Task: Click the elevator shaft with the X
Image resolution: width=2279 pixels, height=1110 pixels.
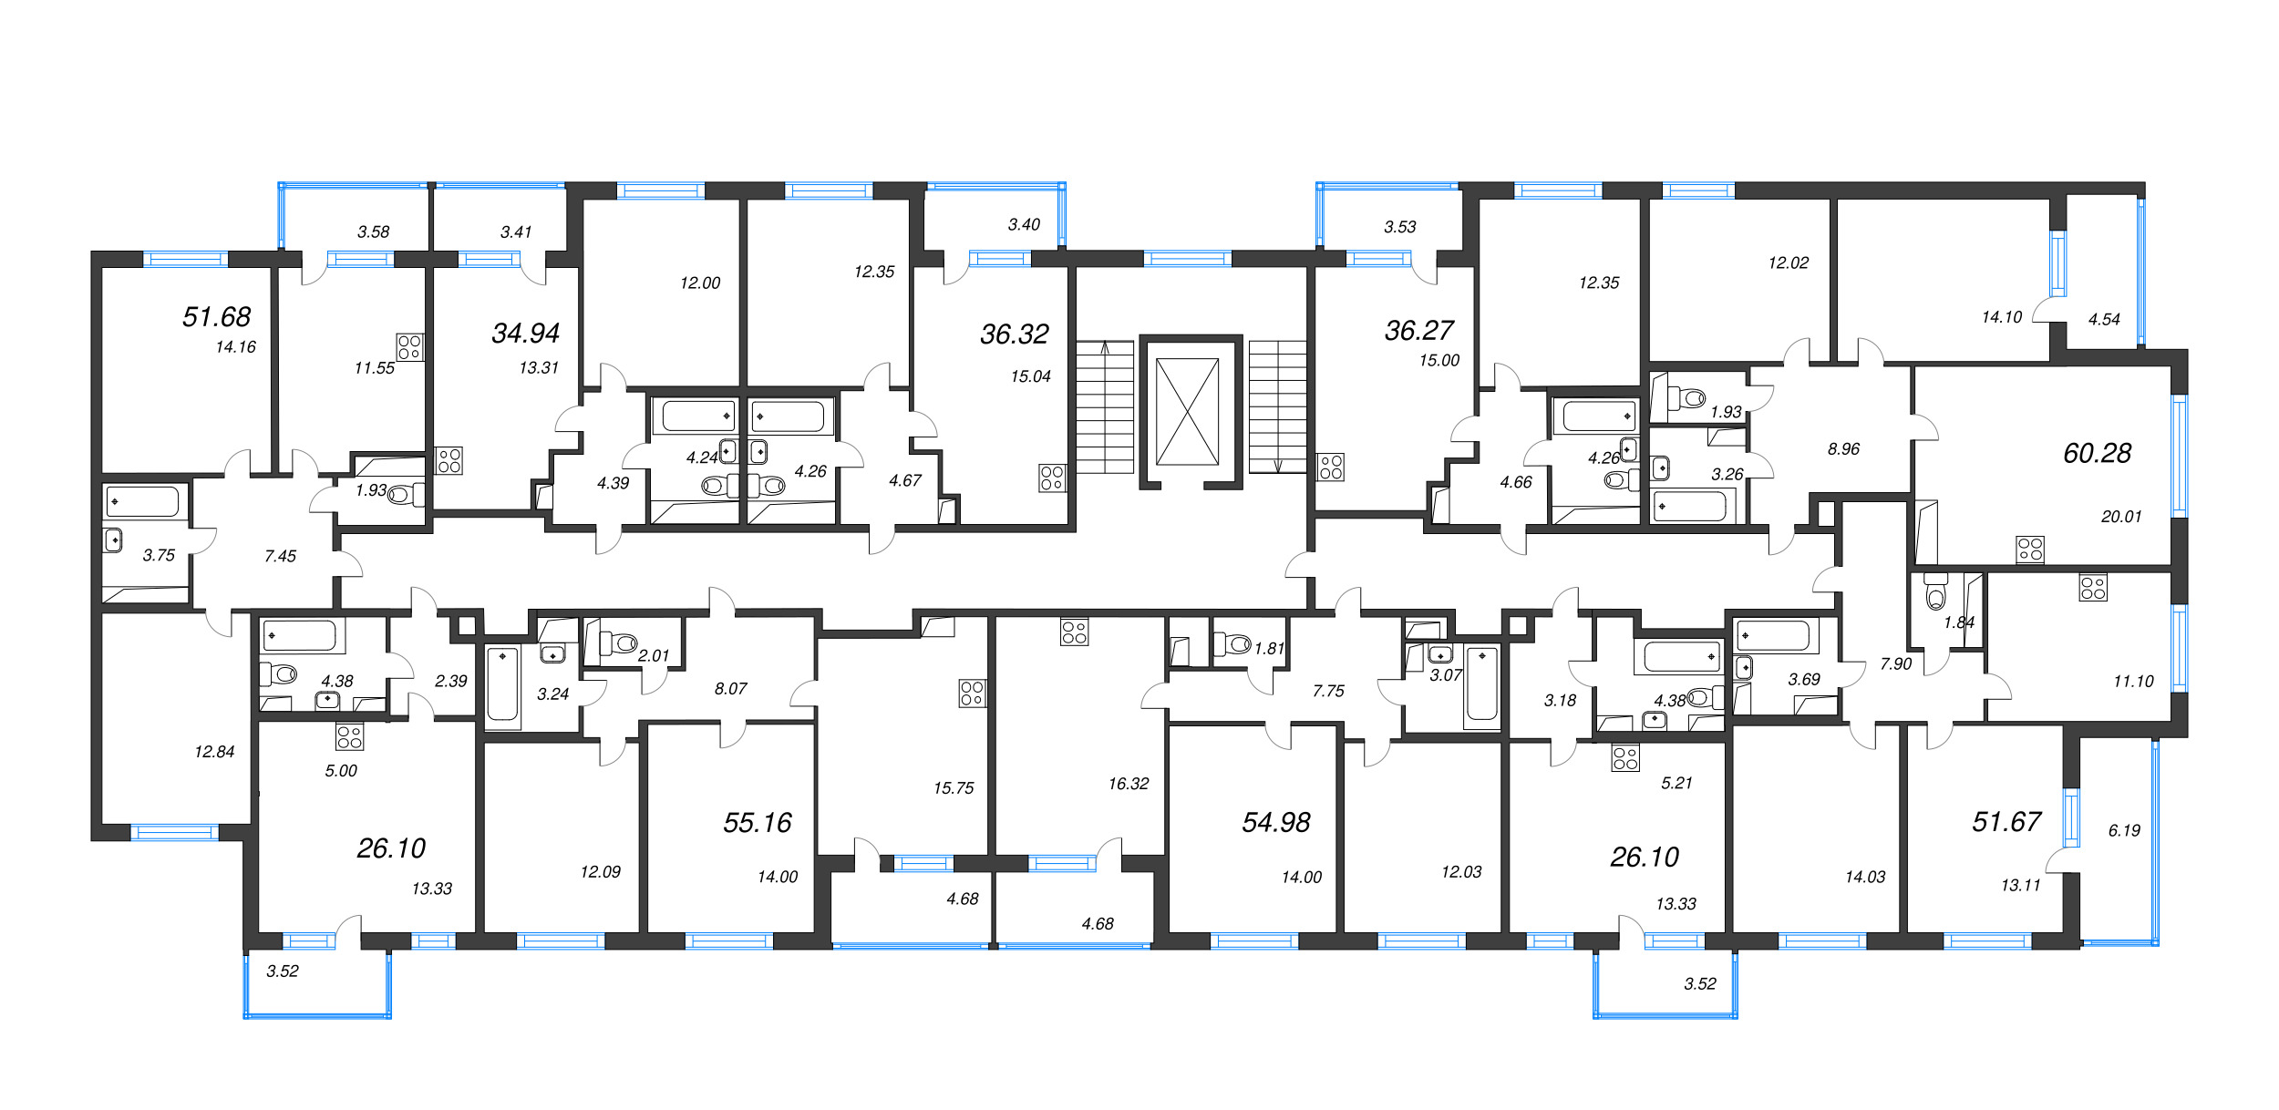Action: pyautogui.click(x=1187, y=411)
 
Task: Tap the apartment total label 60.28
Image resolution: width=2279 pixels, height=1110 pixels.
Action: pyautogui.click(x=2097, y=453)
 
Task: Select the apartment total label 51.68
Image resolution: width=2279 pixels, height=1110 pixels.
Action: pyautogui.click(x=216, y=317)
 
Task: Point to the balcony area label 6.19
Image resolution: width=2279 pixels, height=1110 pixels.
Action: pyautogui.click(x=2123, y=830)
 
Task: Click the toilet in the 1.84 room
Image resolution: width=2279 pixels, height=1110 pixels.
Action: pyautogui.click(x=1935, y=593)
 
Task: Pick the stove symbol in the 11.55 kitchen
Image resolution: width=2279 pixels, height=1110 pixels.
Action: pyautogui.click(x=409, y=346)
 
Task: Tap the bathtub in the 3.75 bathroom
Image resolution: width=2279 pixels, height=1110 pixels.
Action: pyautogui.click(x=143, y=501)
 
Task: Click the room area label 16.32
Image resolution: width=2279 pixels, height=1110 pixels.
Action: pyautogui.click(x=1128, y=784)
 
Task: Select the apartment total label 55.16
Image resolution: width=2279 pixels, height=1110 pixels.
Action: pyautogui.click(x=757, y=823)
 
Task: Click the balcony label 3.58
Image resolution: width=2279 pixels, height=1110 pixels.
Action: pyautogui.click(x=373, y=232)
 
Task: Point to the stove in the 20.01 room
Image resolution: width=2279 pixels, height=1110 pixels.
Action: pyautogui.click(x=2029, y=549)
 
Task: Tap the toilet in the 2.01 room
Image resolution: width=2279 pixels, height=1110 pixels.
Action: pyautogui.click(x=619, y=643)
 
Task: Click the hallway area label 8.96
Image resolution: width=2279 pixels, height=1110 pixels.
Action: pyautogui.click(x=1842, y=449)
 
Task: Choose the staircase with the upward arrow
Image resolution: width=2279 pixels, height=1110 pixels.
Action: pyautogui.click(x=1105, y=407)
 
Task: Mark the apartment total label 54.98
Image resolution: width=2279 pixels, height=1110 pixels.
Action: pyautogui.click(x=1275, y=823)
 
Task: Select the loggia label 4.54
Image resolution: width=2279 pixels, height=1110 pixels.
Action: pyautogui.click(x=2103, y=320)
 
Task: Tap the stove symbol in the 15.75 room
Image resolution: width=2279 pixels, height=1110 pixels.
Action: pyautogui.click(x=972, y=694)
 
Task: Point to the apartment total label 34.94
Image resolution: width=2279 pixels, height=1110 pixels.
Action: pyautogui.click(x=525, y=334)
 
